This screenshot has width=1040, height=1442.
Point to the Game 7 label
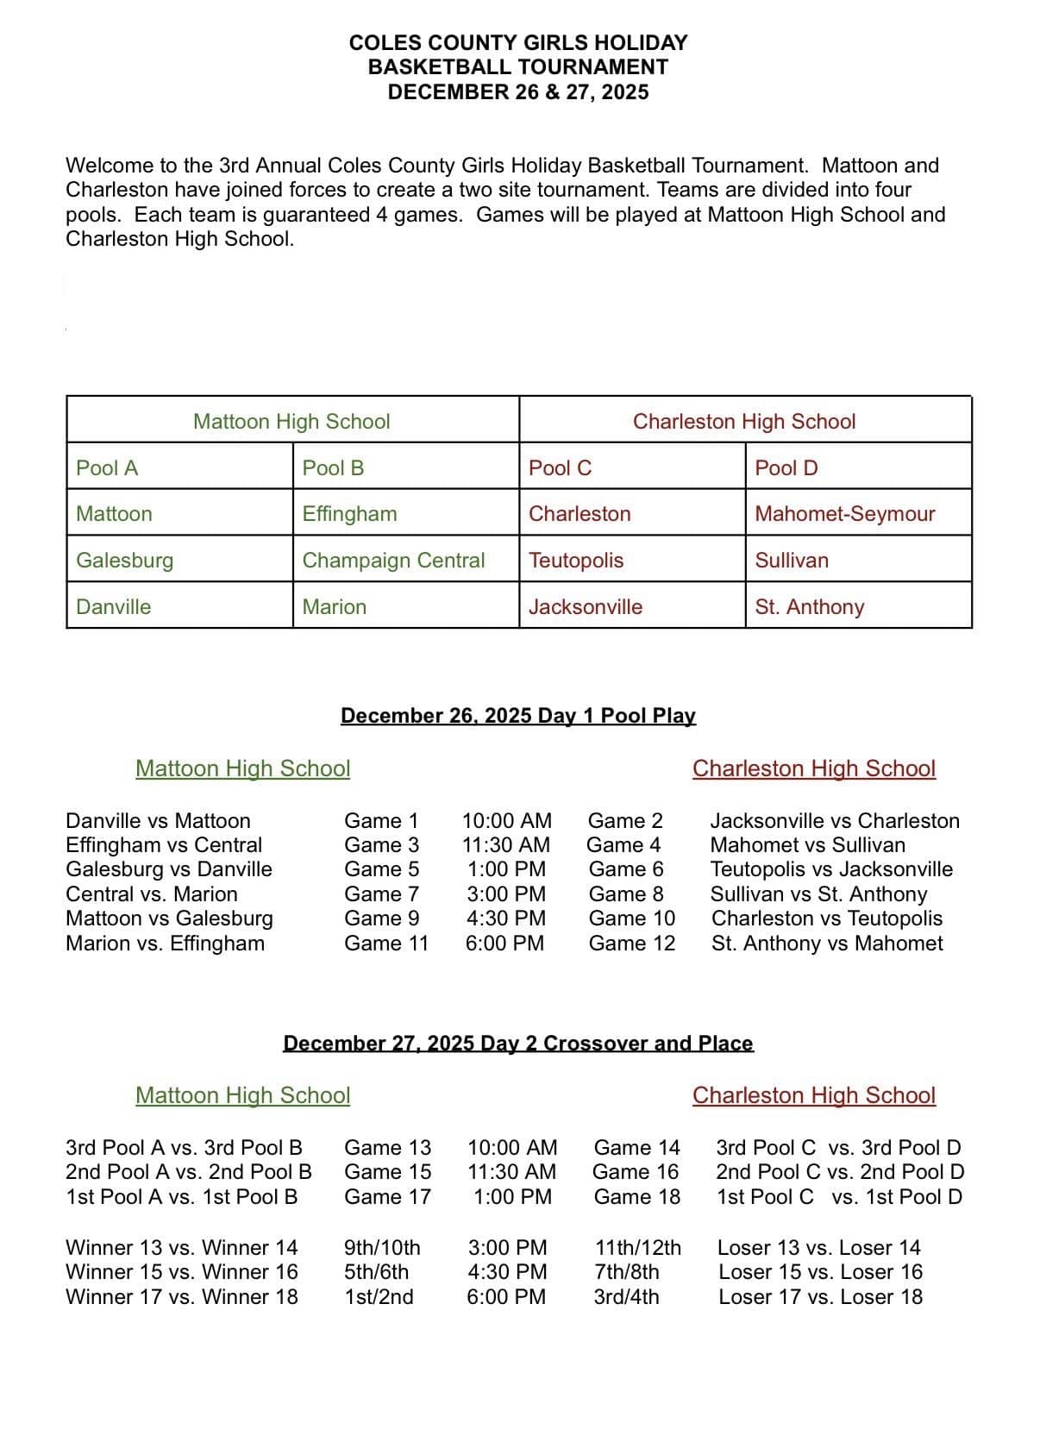(x=381, y=894)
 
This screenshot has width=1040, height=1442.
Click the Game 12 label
(x=631, y=944)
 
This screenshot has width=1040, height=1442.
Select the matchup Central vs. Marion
(x=151, y=894)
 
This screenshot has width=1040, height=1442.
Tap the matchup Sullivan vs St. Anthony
(x=818, y=894)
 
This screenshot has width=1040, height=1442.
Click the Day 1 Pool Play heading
(x=518, y=716)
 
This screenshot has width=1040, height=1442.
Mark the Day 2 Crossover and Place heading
(x=518, y=1044)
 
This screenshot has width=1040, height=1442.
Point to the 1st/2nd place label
(x=379, y=1297)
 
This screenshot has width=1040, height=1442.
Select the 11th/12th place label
(x=637, y=1248)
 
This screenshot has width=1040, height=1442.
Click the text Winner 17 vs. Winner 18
(x=182, y=1297)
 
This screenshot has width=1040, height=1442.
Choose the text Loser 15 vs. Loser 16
(x=820, y=1272)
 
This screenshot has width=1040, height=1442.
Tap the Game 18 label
(x=636, y=1197)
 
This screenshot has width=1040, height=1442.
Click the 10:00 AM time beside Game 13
(x=512, y=1148)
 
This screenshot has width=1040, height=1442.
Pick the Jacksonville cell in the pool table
(x=586, y=607)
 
